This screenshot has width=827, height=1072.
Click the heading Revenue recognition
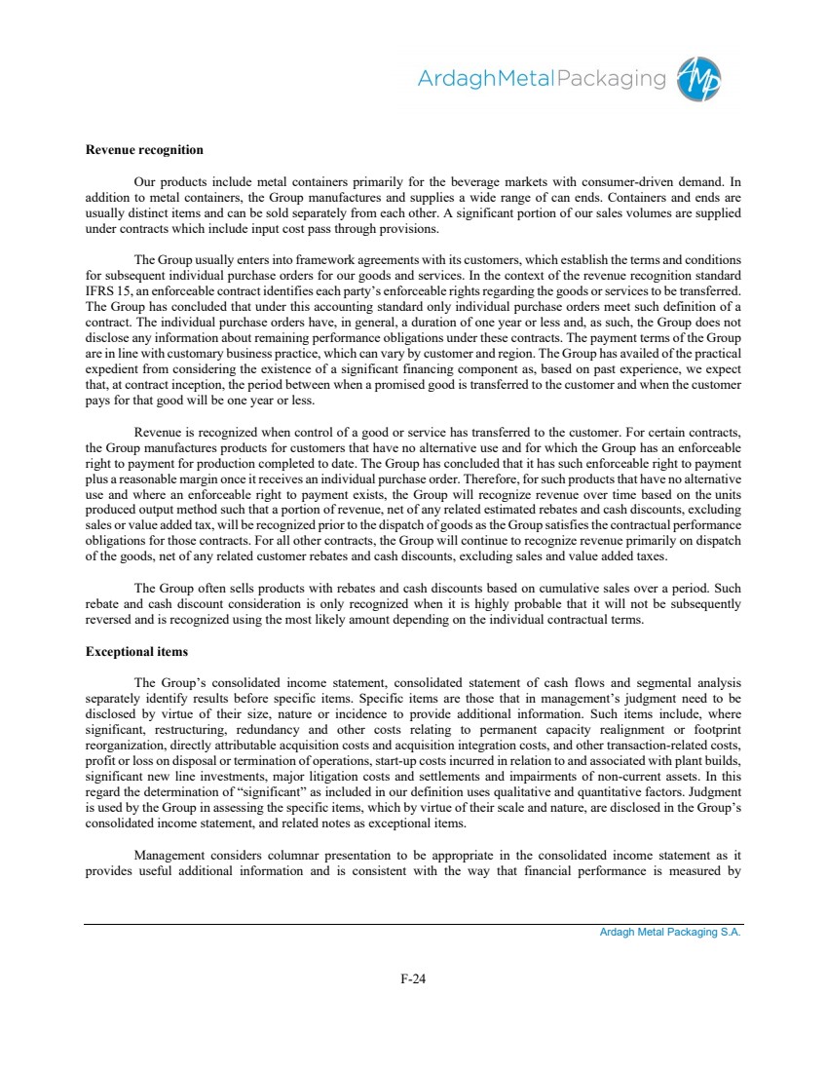click(144, 150)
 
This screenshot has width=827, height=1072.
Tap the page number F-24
click(413, 979)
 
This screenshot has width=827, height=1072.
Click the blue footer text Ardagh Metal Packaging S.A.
click(670, 933)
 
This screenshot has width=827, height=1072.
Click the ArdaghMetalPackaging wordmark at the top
click(542, 79)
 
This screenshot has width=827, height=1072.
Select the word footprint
click(713, 731)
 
